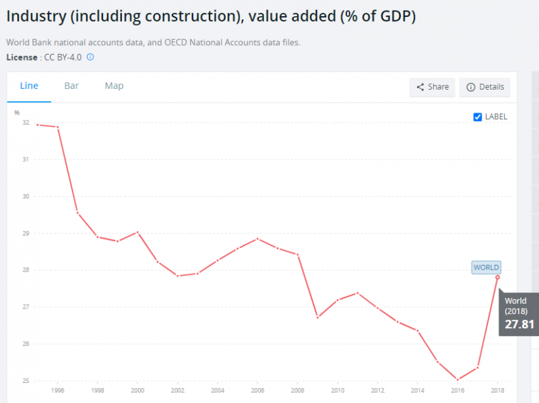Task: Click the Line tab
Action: tap(29, 86)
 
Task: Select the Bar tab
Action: tap(71, 86)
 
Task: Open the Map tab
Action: tap(114, 86)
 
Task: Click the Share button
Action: tap(432, 87)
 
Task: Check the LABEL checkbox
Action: tap(478, 117)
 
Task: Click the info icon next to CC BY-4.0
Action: tap(90, 57)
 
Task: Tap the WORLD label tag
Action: tap(486, 268)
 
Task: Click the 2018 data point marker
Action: tap(497, 277)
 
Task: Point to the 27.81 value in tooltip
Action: tap(519, 324)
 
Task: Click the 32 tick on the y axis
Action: tap(26, 123)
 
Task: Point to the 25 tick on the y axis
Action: tap(26, 381)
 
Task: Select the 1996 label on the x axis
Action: tap(58, 390)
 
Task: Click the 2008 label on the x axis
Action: tap(298, 390)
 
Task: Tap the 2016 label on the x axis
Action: tap(457, 390)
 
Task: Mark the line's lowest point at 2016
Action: tap(457, 380)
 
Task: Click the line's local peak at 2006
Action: tap(257, 239)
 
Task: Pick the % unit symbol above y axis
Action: tap(18, 113)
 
